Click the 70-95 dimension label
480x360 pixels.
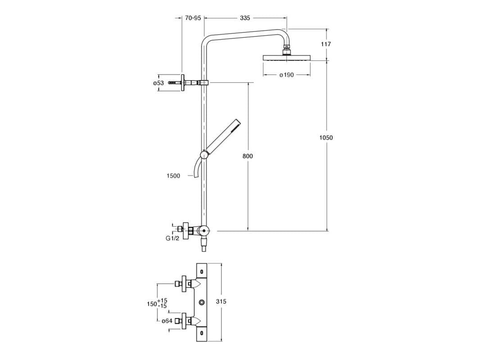coord(193,18)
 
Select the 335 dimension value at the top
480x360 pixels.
coord(245,18)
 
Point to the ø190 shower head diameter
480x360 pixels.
coord(286,75)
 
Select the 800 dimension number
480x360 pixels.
coord(247,156)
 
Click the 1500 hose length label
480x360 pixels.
coord(173,176)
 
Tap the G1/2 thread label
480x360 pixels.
coord(172,238)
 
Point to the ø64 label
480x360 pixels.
coord(168,321)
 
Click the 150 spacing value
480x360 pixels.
coord(152,304)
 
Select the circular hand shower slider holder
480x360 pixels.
coord(204,155)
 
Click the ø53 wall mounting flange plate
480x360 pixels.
coord(182,83)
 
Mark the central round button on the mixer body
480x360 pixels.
coord(202,302)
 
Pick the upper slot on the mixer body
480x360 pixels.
coord(201,272)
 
